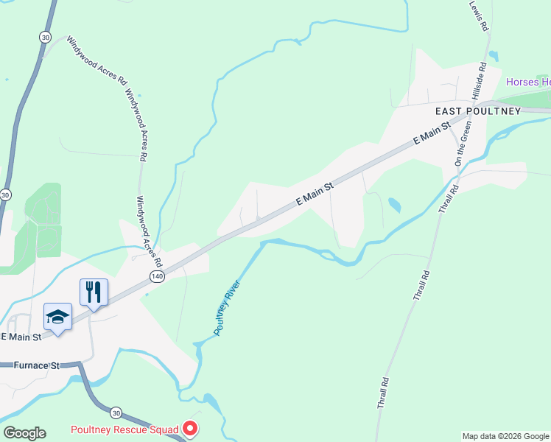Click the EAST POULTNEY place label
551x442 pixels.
[x=477, y=111]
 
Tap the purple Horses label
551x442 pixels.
[x=527, y=82]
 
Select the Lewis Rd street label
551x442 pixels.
[x=480, y=15]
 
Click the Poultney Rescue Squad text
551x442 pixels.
[x=124, y=429]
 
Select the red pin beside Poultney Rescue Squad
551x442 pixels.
[x=190, y=428]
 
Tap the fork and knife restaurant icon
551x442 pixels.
[x=94, y=291]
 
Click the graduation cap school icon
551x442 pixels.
[x=57, y=316]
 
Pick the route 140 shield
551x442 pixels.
[x=156, y=276]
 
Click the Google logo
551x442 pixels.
[x=24, y=433]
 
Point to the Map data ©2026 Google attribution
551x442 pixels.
[x=505, y=436]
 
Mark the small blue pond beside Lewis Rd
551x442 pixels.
[x=493, y=55]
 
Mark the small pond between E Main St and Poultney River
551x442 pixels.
[x=395, y=205]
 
